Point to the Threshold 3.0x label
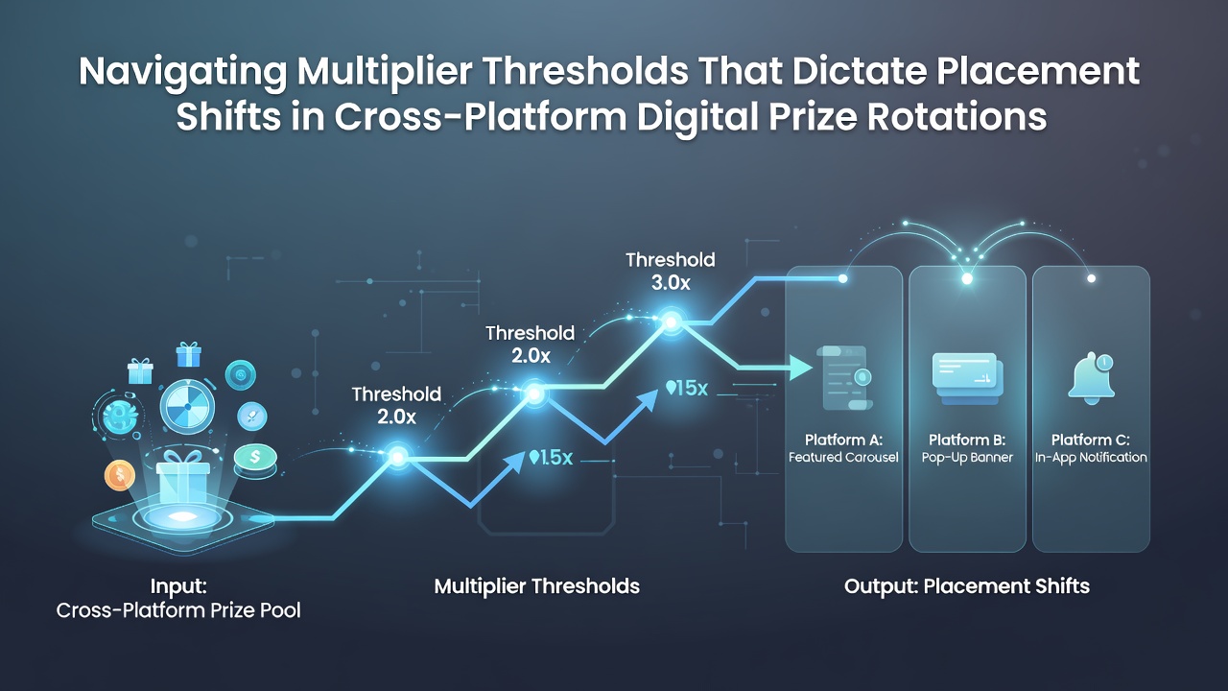click(x=671, y=272)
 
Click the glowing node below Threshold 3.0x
click(x=671, y=322)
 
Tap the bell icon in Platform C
click(x=1091, y=378)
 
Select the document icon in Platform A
click(x=844, y=377)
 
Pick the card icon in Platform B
click(x=968, y=378)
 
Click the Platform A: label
click(x=843, y=440)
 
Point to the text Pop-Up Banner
click(x=967, y=458)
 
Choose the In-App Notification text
click(x=1091, y=458)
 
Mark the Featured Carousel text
click(x=843, y=457)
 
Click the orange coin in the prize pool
click(x=120, y=475)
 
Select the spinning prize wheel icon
click(x=187, y=406)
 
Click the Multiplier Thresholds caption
click(x=536, y=586)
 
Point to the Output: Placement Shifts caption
click(x=967, y=586)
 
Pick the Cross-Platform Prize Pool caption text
click(x=178, y=610)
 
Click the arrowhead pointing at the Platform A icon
click(x=801, y=368)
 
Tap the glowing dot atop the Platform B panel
click(x=967, y=278)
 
